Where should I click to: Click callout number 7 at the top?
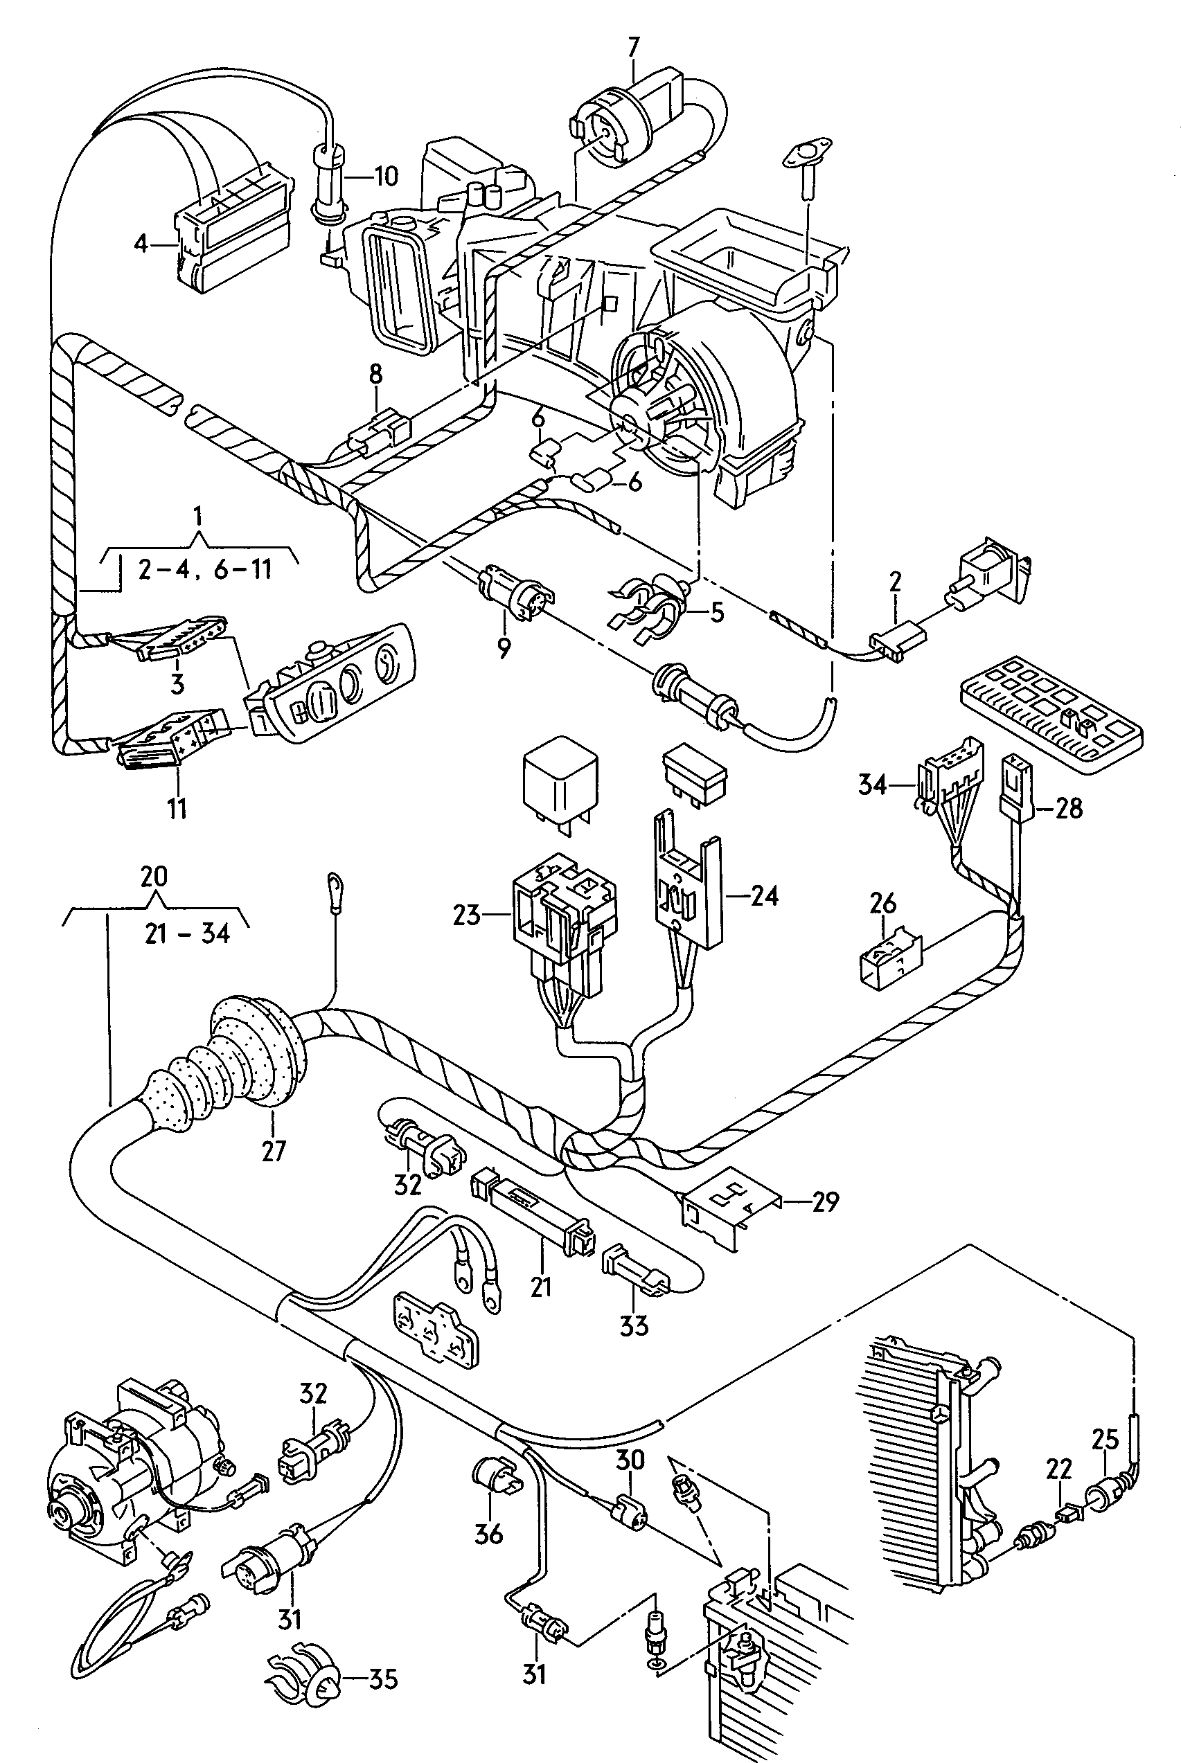(633, 47)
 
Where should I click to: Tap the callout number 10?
(385, 177)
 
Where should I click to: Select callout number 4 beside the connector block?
(141, 244)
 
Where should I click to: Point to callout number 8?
(376, 374)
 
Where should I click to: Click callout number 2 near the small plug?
(895, 581)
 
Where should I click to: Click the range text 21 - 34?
(188, 933)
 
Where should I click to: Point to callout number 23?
(467, 915)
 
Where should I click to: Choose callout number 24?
(764, 896)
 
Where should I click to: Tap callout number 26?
(883, 902)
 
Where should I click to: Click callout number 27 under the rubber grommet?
(274, 1151)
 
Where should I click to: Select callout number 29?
(825, 1201)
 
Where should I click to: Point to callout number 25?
(1105, 1440)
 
